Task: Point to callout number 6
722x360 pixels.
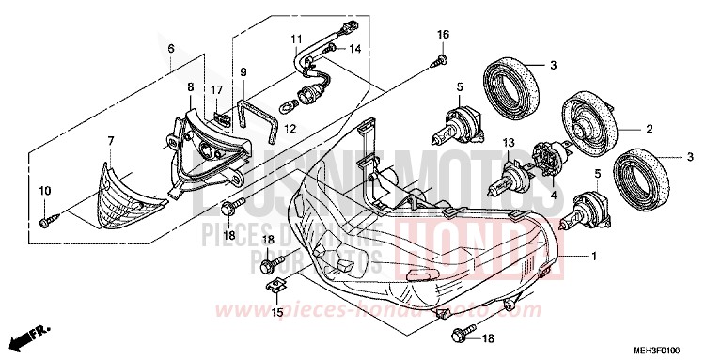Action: point(171,47)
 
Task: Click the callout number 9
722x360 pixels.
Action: point(242,71)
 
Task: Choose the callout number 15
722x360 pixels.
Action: point(276,311)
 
